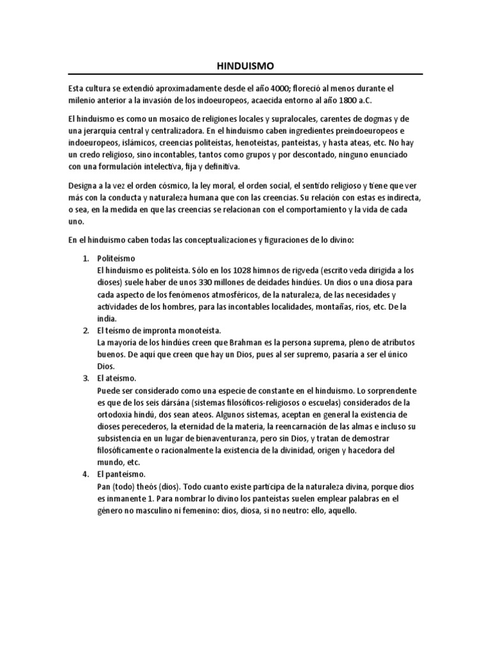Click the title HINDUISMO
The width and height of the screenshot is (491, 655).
245,65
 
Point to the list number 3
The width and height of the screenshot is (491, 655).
86,378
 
